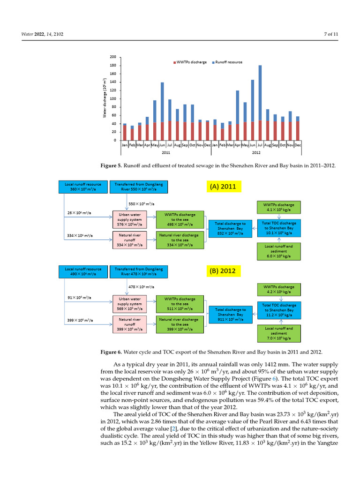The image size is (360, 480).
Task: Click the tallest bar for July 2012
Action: [x=260, y=103]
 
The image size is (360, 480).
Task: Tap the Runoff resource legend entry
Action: [x=228, y=62]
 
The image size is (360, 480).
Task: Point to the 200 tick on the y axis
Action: [x=113, y=57]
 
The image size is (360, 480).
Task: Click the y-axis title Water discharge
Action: [x=105, y=98]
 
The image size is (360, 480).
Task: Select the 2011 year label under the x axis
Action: [x=166, y=153]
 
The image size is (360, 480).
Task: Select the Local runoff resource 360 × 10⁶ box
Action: [x=83, y=187]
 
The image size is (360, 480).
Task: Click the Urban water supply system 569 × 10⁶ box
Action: [x=129, y=303]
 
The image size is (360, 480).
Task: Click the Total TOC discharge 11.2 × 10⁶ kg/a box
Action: [x=279, y=309]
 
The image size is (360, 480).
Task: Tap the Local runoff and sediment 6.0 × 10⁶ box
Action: [x=279, y=251]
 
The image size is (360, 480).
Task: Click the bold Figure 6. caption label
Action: [x=112, y=352]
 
